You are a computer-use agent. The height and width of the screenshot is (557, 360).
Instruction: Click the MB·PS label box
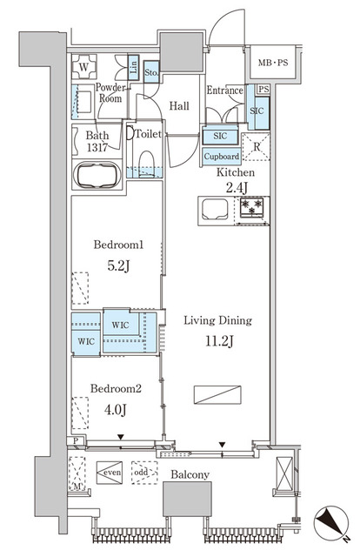click(x=272, y=63)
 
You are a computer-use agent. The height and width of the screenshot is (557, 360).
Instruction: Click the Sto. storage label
click(x=151, y=73)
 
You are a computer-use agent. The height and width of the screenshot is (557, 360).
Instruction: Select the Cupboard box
click(x=221, y=157)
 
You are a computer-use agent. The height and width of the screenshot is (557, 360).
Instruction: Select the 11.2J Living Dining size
click(x=217, y=340)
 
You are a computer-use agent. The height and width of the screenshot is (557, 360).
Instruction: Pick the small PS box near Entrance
click(x=263, y=90)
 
